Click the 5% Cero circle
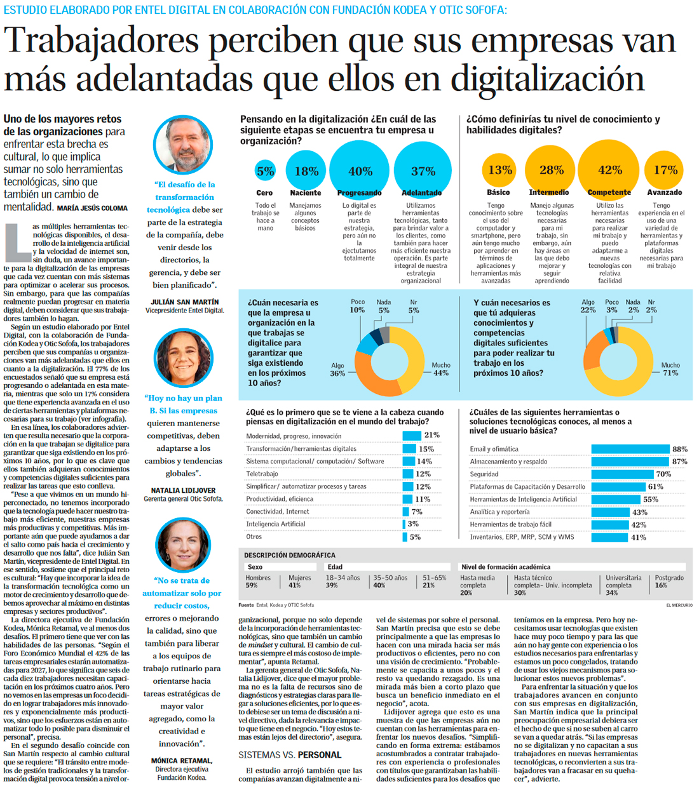click(265, 171)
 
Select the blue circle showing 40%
click(360, 170)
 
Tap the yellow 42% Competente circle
click(609, 170)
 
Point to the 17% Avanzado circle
click(665, 170)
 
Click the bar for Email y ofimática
click(630, 449)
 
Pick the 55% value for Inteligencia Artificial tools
click(650, 499)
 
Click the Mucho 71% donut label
click(670, 369)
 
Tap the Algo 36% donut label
click(337, 370)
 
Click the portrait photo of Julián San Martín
click(183, 145)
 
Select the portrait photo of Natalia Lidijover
click(183, 358)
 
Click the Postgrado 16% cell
click(669, 581)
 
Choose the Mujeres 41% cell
click(299, 581)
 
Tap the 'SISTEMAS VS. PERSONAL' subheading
click(290, 755)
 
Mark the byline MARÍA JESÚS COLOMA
click(92, 208)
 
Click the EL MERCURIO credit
click(679, 605)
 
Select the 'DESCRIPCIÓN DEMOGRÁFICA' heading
click(290, 555)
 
